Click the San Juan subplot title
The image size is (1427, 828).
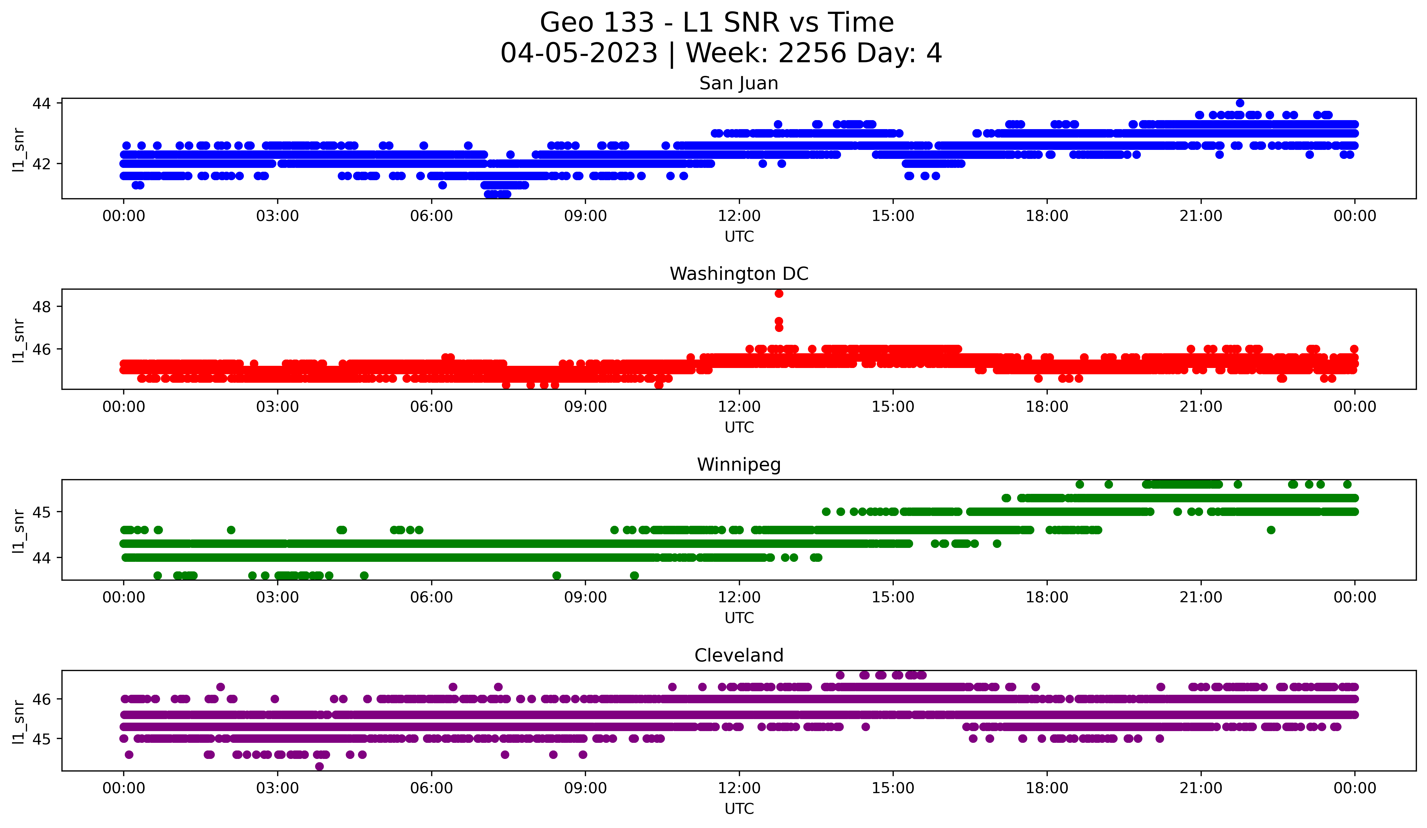click(738, 83)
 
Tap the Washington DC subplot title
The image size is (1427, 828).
click(738, 274)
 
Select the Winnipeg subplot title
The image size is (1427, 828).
click(738, 465)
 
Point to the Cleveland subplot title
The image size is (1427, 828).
click(738, 655)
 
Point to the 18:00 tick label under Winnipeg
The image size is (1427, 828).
click(1046, 598)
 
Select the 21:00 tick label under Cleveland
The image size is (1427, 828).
click(1200, 788)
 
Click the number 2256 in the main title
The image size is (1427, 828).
click(812, 53)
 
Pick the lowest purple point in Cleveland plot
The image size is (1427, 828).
click(319, 766)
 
